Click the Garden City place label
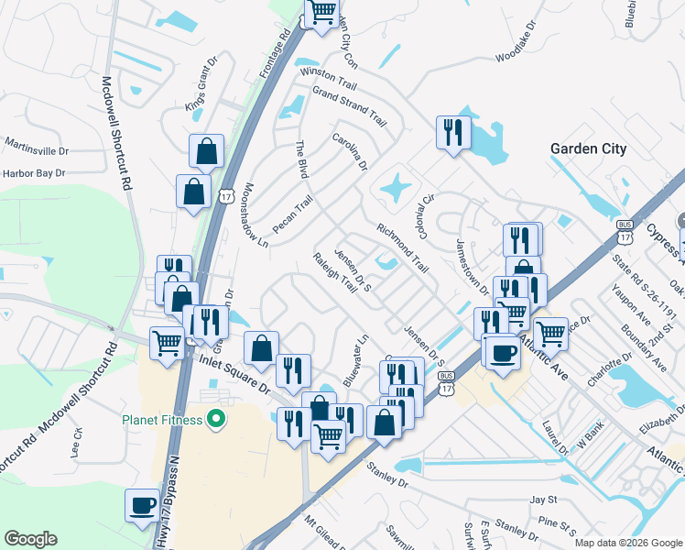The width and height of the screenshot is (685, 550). click(x=588, y=149)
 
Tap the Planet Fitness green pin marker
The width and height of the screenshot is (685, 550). click(x=216, y=421)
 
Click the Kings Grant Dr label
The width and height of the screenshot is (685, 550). click(x=203, y=93)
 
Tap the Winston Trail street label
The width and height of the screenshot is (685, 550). click(x=328, y=80)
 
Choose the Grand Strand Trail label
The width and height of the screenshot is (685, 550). click(x=350, y=105)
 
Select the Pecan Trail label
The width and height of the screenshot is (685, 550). click(x=292, y=214)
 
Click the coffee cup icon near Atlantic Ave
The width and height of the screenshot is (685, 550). click(x=502, y=352)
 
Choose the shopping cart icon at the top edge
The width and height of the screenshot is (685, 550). click(x=321, y=13)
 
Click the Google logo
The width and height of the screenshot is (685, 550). click(x=30, y=539)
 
